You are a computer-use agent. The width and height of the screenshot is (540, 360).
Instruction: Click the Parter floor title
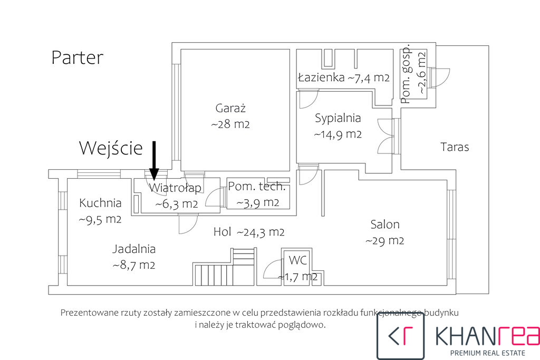coord(77,57)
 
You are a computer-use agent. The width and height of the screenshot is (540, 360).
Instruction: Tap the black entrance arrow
coord(154,160)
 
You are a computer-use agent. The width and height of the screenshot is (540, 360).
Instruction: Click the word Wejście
coord(111,148)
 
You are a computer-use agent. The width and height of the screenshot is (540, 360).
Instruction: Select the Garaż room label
coord(230,108)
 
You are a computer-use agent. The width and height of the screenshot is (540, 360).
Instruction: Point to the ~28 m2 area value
coord(230,124)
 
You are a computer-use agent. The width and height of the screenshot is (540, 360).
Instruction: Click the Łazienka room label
coord(321,77)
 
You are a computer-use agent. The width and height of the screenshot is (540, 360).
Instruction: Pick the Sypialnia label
coord(338,119)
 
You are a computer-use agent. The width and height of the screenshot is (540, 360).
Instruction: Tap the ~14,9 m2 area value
coord(338,134)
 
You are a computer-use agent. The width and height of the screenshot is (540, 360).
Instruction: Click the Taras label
coord(455,147)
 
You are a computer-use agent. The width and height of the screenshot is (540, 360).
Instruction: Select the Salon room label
coord(385,225)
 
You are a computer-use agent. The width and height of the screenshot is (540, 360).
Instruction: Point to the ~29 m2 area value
coord(384,240)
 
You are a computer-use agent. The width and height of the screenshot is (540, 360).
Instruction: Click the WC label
coord(298,260)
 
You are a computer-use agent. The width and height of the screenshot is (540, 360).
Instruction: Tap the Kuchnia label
coord(100,203)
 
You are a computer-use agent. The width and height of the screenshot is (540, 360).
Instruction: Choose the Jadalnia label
coord(134,249)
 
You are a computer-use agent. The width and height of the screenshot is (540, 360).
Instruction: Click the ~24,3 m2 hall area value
coord(261,232)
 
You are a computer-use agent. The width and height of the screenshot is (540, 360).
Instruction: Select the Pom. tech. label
coord(257,186)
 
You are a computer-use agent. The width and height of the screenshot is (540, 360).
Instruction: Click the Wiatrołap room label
coord(175,188)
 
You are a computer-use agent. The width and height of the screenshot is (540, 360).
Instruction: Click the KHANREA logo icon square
coord(401,336)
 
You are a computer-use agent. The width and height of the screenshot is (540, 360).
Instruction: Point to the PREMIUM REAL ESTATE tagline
coord(488,353)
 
